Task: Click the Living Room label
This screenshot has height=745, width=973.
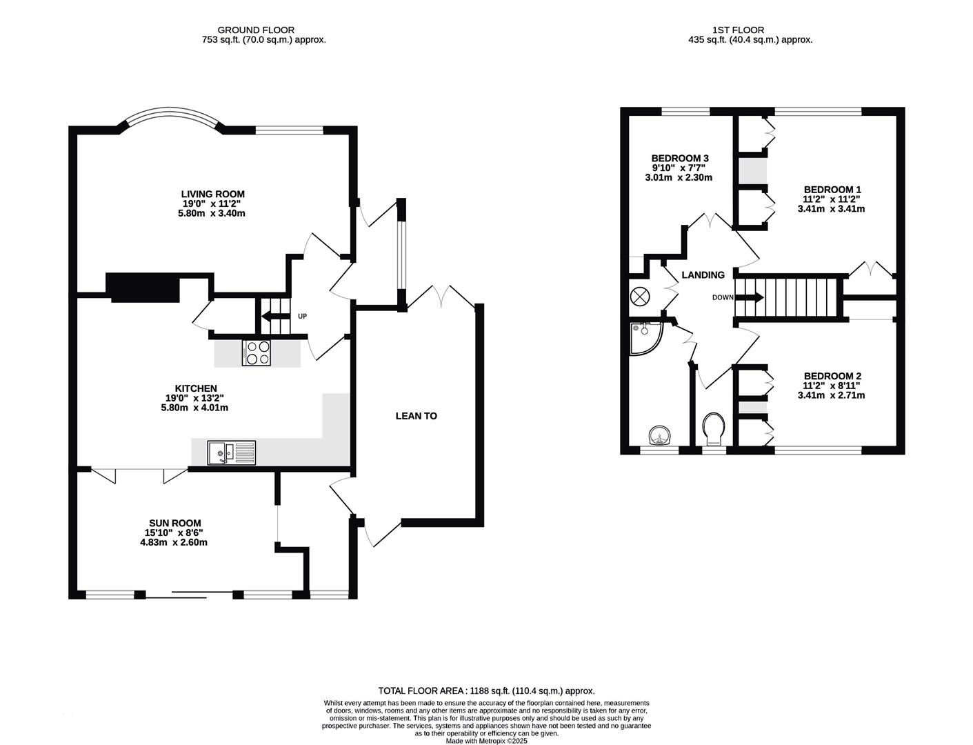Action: [213, 194]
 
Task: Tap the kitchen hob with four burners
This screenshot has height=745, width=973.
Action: [257, 353]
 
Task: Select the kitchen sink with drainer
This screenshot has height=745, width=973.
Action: [232, 453]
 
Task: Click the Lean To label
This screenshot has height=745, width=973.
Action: [417, 416]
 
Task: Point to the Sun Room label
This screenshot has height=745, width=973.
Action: [174, 524]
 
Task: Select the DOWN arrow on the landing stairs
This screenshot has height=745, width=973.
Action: [750, 297]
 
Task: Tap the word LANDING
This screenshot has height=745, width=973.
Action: [703, 275]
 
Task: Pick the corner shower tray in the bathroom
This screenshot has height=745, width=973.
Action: [646, 338]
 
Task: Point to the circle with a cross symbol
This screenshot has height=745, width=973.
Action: [640, 296]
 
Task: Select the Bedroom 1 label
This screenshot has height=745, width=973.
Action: [832, 189]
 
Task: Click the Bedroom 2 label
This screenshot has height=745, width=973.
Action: [832, 376]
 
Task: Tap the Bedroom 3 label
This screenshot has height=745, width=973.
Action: [680, 159]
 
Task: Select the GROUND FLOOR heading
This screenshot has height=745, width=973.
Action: [256, 30]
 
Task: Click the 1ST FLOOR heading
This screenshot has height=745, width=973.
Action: [738, 30]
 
